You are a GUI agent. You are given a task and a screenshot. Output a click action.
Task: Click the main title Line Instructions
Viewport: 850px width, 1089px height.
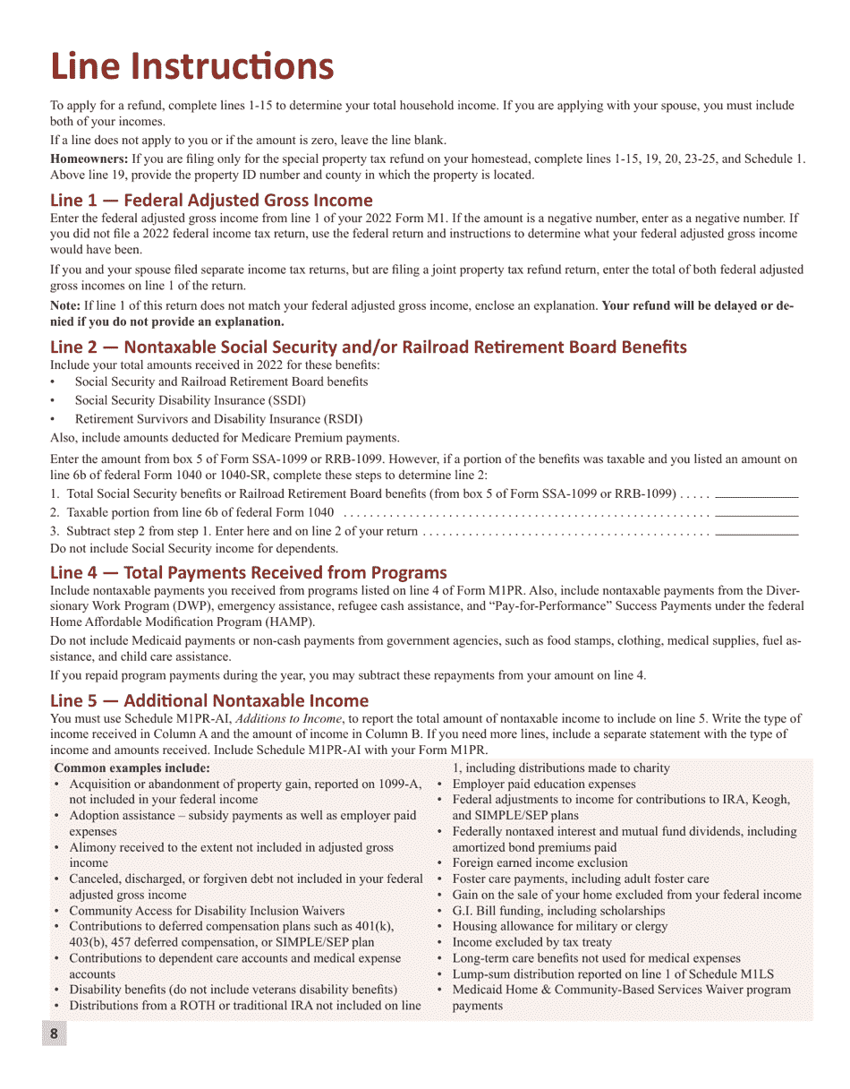click(x=191, y=66)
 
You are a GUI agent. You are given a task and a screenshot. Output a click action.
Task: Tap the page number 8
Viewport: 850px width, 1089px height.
click(x=54, y=1034)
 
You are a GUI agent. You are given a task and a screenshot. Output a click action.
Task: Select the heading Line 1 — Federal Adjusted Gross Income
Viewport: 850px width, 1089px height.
click(x=211, y=200)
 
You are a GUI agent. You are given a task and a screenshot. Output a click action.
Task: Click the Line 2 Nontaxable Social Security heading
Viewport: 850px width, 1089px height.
click(x=368, y=347)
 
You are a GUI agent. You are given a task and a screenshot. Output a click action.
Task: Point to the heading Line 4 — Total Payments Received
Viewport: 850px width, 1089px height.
click(x=248, y=572)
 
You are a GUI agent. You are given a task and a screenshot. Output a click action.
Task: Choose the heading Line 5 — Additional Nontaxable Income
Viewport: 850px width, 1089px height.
click(x=208, y=700)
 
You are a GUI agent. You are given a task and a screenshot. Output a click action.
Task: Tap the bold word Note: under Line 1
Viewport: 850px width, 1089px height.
click(x=64, y=305)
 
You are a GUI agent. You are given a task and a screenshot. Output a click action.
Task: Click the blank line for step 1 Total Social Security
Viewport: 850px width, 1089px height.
click(x=757, y=494)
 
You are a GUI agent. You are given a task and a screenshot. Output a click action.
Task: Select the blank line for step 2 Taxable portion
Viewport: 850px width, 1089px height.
click(x=757, y=514)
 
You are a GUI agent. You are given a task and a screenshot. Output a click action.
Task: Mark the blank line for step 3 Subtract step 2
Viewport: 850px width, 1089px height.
click(x=757, y=532)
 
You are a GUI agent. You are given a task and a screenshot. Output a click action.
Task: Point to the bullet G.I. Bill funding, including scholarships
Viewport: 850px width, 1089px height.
click(x=558, y=911)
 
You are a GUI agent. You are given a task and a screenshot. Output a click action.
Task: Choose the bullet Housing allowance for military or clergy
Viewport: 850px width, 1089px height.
click(x=559, y=927)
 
